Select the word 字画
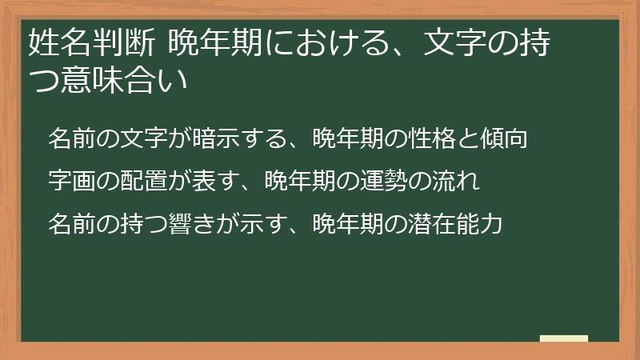pyautogui.click(x=70, y=181)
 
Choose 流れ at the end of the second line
pyautogui.click(x=459, y=181)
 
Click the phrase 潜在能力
pyautogui.click(x=459, y=223)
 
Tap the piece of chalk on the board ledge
pyautogui.click(x=563, y=338)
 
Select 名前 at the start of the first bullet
pyautogui.click(x=70, y=138)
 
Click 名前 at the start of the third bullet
pyautogui.click(x=70, y=223)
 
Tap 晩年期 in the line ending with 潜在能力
pyautogui.click(x=343, y=223)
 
